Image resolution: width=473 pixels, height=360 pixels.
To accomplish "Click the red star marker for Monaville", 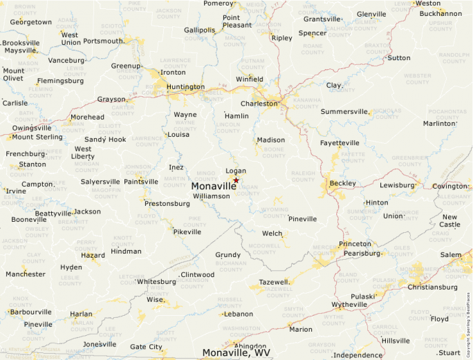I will tap(236, 180).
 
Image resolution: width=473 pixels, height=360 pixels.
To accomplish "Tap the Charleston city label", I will tap(259, 104).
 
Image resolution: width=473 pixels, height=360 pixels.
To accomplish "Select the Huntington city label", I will tap(185, 87).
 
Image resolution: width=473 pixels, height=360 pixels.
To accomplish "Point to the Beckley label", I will tap(343, 183).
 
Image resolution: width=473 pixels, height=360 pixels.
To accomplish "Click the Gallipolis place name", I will tap(200, 30).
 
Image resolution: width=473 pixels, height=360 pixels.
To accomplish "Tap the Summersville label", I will tap(344, 111).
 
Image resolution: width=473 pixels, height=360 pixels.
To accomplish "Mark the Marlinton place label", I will tap(440, 124).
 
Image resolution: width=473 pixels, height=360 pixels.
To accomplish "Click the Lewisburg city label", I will tap(397, 185).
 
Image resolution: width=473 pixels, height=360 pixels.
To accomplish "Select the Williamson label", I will tap(211, 196).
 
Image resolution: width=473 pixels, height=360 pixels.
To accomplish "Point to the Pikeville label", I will tap(187, 232).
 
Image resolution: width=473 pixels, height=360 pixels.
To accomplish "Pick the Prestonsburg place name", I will tap(167, 204).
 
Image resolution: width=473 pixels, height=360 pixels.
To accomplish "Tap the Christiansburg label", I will tap(433, 287).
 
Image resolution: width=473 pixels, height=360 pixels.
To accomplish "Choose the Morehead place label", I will tap(87, 117).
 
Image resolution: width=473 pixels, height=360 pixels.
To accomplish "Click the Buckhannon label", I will tap(440, 13).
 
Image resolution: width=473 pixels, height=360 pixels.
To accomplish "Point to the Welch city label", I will tap(272, 234).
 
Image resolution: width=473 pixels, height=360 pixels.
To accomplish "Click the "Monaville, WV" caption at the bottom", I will tap(236, 352).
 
